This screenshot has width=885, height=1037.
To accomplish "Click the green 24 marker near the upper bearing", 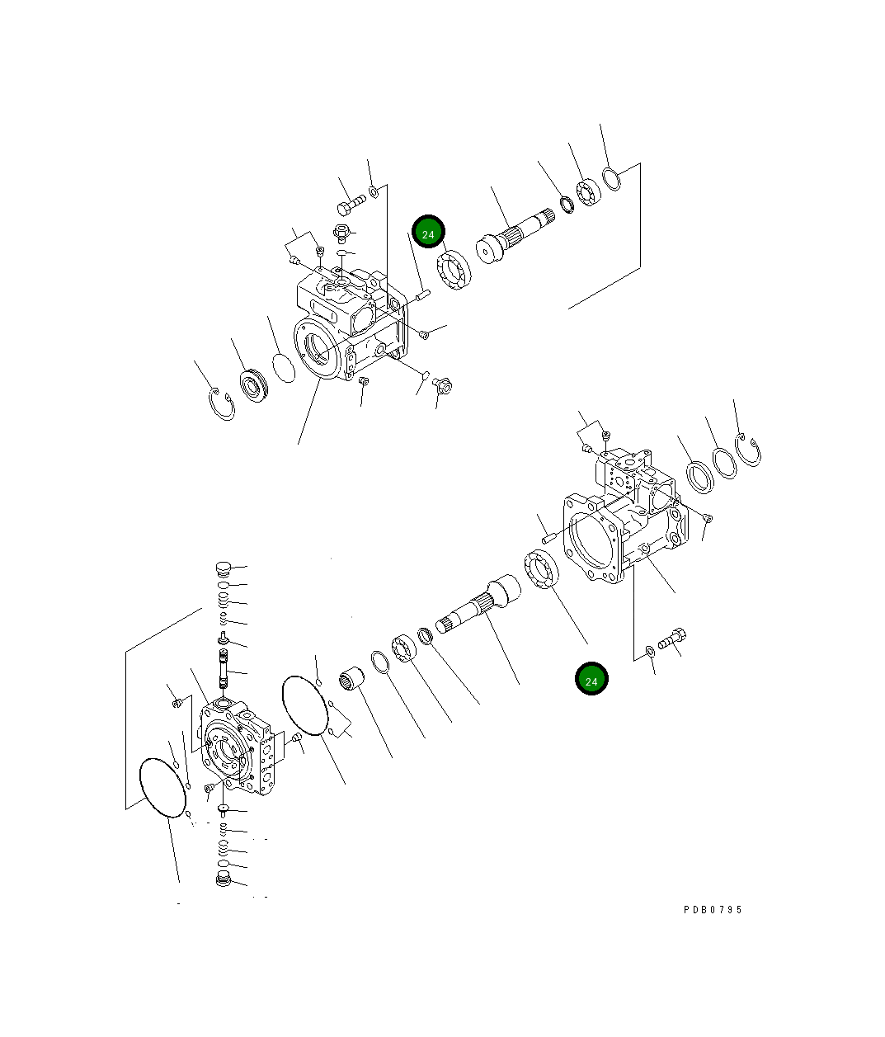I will coord(428,234).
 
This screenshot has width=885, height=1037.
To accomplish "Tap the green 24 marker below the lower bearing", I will coord(591,680).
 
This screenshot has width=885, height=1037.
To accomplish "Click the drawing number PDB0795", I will coord(713,909).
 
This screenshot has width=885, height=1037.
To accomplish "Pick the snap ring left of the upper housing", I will coord(222,404).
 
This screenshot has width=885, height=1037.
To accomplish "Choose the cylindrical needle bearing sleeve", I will coord(353,682).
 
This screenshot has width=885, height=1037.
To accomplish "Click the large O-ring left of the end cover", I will coord(163,789).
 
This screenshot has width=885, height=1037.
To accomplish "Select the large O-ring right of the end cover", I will coord(304,705).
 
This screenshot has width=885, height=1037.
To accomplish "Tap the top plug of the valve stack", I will coord(220,568).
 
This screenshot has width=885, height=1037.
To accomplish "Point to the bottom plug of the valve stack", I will coord(221,880).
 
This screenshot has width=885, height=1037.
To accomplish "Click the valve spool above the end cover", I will coord(223,667).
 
